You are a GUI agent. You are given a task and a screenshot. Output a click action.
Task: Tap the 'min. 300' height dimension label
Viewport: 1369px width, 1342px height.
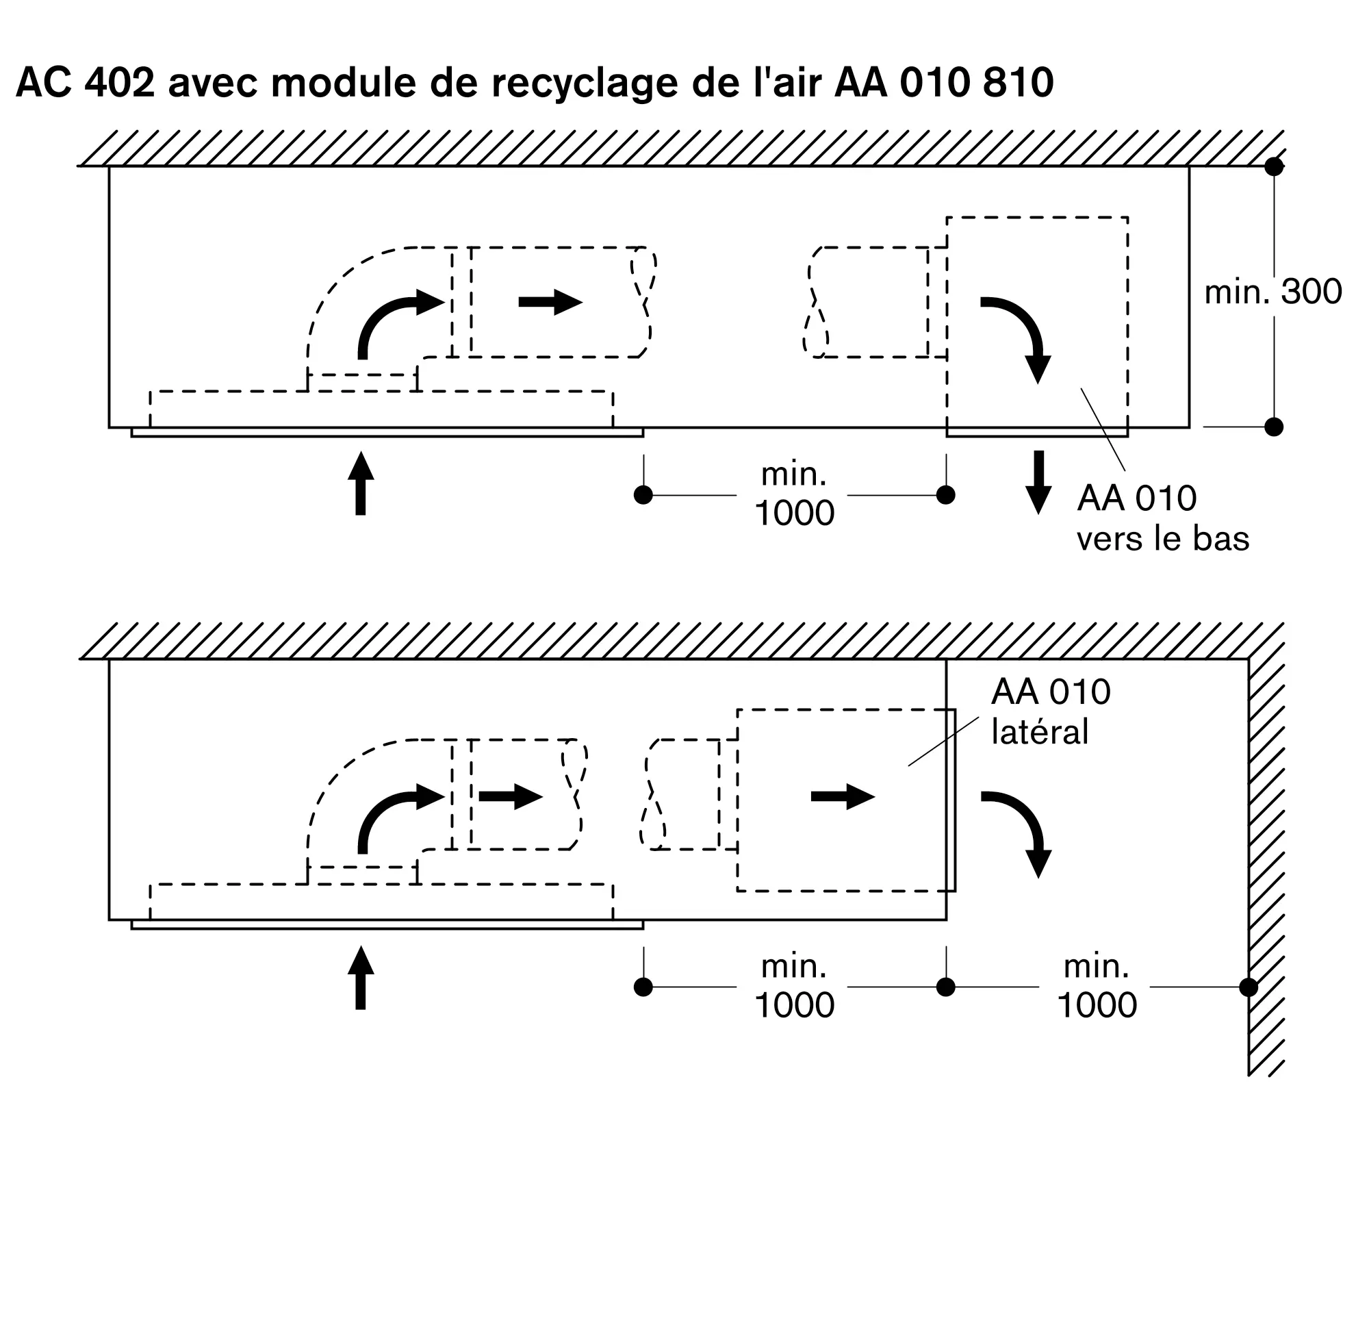[x=1272, y=292]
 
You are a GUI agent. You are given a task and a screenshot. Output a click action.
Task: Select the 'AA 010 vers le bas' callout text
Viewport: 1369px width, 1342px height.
[x=1162, y=518]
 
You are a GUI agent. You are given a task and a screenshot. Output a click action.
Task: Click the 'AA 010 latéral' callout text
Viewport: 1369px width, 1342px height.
[x=1050, y=712]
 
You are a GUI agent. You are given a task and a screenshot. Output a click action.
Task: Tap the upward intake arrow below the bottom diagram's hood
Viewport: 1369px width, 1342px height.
[x=361, y=978]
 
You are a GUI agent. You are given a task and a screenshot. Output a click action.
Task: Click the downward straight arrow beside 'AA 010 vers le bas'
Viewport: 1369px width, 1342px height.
[x=1038, y=483]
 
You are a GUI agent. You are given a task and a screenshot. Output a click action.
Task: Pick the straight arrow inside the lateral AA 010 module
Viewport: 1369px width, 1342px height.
[x=843, y=796]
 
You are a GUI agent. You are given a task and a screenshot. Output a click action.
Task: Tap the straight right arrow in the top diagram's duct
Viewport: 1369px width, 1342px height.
[x=550, y=303]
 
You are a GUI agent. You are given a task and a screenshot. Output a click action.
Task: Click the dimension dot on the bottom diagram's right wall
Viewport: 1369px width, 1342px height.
[x=1249, y=987]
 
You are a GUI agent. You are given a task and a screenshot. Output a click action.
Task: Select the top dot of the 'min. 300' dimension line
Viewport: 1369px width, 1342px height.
[x=1274, y=167]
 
